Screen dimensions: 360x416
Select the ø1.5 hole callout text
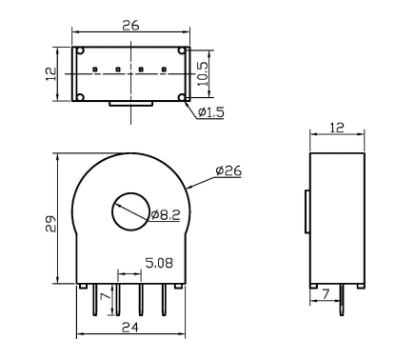(210, 112)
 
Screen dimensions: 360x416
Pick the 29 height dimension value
(50, 224)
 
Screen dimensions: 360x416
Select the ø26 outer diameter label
(228, 170)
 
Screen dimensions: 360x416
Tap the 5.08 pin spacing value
(158, 260)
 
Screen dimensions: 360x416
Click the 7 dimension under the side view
(326, 295)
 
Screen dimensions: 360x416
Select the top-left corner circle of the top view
(81, 51)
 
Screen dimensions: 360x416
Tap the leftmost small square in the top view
(96, 70)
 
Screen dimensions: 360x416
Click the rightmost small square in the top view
(165, 70)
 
